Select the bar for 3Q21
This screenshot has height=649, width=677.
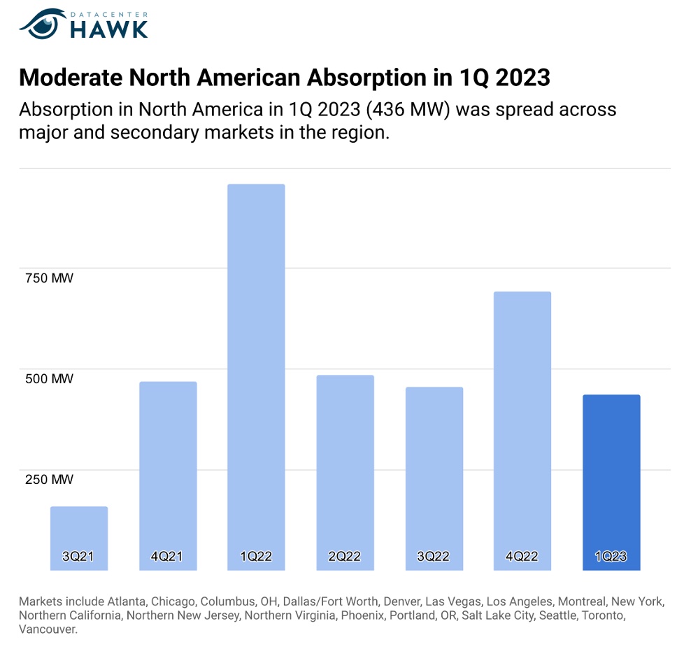click(79, 532)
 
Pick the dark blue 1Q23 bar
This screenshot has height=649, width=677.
click(611, 476)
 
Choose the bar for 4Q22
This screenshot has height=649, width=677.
click(522, 420)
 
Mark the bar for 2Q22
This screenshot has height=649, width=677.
click(345, 462)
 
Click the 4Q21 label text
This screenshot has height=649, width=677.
click(167, 557)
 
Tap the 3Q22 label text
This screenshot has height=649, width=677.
click(434, 557)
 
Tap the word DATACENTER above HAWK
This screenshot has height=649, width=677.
click(110, 12)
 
